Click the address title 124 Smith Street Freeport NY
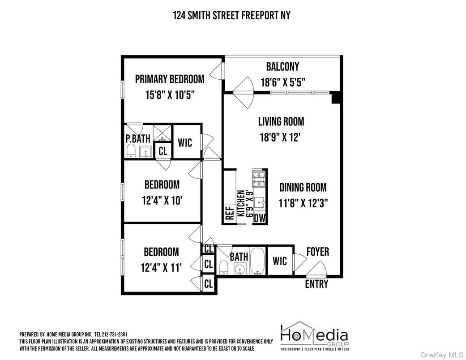pyautogui.click(x=231, y=15)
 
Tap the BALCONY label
pyautogui.click(x=282, y=67)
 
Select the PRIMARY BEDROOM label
pyautogui.click(x=170, y=79)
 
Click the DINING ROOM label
pyautogui.click(x=303, y=187)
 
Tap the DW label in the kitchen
pyautogui.click(x=260, y=218)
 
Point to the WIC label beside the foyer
pyautogui.click(x=280, y=260)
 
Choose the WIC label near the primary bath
pyautogui.click(x=185, y=142)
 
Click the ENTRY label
pyautogui.click(x=316, y=284)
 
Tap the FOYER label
pyautogui.click(x=317, y=252)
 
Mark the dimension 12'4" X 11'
pyautogui.click(x=161, y=268)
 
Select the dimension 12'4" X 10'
pyautogui.click(x=162, y=201)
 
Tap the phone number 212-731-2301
pyautogui.click(x=118, y=334)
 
